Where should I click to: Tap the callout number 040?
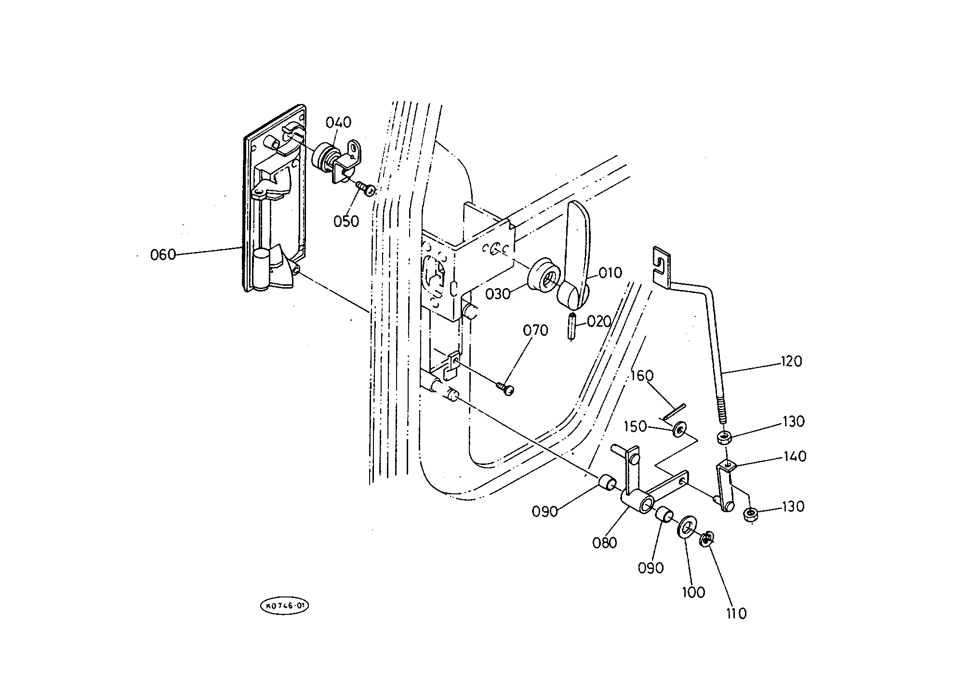pyautogui.click(x=338, y=122)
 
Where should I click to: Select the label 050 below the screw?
pyautogui.click(x=346, y=221)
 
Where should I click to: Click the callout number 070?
pyautogui.click(x=535, y=331)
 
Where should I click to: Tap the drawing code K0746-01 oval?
pyautogui.click(x=284, y=607)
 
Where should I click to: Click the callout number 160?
pyautogui.click(x=642, y=376)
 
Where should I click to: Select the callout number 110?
pyautogui.click(x=736, y=613)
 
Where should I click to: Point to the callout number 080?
pyautogui.click(x=605, y=543)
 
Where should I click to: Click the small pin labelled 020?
pyautogui.click(x=571, y=327)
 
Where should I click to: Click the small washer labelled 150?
pyautogui.click(x=679, y=428)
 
